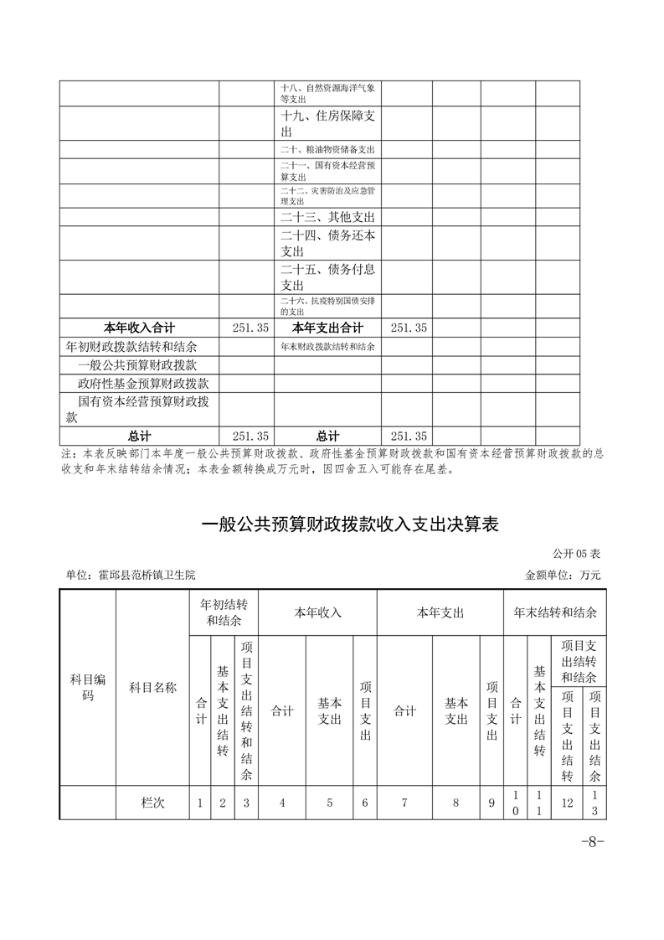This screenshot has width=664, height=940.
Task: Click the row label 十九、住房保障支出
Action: [x=327, y=124]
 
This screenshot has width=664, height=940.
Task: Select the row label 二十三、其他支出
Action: [x=327, y=217]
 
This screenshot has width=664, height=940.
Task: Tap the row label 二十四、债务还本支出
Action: [x=327, y=243]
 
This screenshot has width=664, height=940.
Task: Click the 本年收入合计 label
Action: [x=139, y=328]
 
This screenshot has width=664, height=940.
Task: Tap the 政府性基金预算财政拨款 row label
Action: [x=137, y=383]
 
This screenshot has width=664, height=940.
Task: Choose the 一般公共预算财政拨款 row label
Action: [x=137, y=364]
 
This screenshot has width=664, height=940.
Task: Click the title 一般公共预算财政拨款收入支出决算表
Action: [x=350, y=525]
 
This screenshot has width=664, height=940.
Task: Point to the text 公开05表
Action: [x=576, y=554]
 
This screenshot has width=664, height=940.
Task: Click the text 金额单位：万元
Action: [x=563, y=576]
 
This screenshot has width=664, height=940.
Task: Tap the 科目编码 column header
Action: [x=88, y=687]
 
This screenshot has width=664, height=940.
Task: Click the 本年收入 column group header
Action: [x=317, y=612]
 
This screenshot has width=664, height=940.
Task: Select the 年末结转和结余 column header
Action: [x=554, y=612]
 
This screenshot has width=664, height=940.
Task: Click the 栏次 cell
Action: [x=152, y=803]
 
